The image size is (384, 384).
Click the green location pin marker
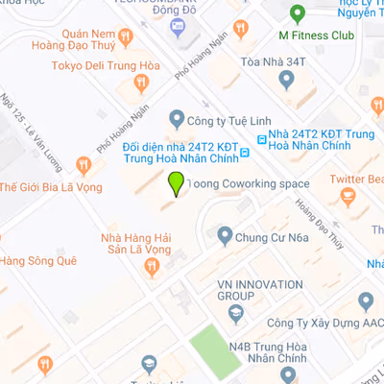176,183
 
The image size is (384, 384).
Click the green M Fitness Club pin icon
297,14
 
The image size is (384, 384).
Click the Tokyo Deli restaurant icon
142,83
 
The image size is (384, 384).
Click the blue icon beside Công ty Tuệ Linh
176,119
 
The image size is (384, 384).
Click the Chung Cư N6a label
274,234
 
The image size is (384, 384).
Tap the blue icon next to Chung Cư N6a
225,234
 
